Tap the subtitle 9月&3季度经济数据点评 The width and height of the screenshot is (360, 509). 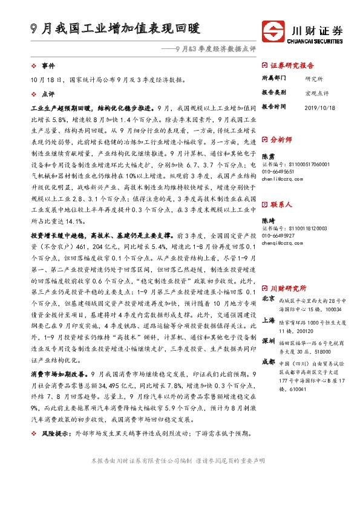click(216, 48)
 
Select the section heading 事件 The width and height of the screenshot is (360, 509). click(48, 65)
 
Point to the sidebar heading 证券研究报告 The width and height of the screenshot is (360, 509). click(292, 65)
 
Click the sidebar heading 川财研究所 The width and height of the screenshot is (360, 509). click(288, 271)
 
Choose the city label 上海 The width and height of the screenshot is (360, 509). click(268, 320)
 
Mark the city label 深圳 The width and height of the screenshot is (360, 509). click(268, 341)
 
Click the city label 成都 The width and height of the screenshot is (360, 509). click(268, 361)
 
